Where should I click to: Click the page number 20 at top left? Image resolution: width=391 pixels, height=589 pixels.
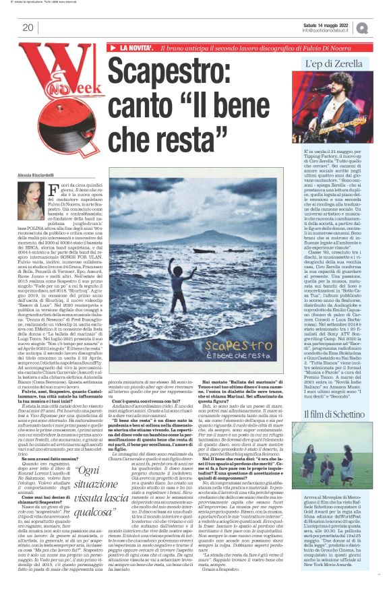tap(28, 28)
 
